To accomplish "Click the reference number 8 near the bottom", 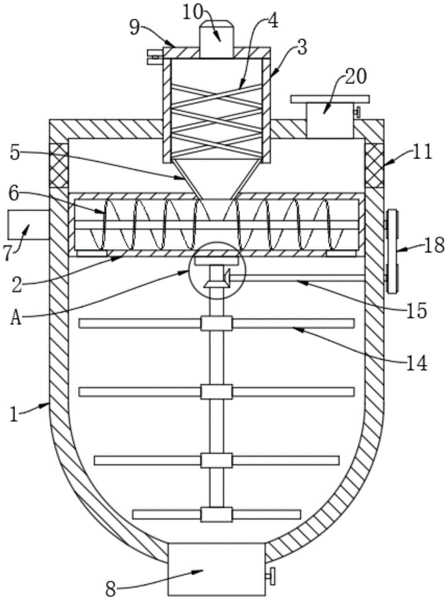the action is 110,589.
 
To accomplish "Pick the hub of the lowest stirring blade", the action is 217,514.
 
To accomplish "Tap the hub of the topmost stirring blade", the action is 217,323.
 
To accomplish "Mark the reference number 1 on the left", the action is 14,415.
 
